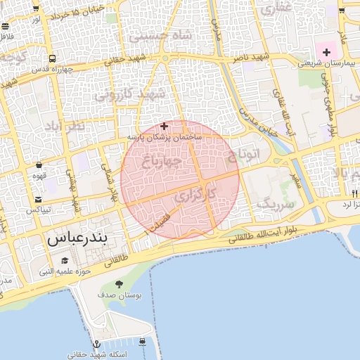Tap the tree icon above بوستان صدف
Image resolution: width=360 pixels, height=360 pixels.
(119, 284)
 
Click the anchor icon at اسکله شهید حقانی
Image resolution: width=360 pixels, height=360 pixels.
(74, 345)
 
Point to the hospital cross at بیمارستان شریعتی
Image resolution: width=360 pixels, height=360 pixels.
(327, 51)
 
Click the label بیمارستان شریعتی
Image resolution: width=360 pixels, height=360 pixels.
(327, 63)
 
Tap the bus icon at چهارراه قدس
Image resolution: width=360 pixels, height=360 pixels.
(53, 59)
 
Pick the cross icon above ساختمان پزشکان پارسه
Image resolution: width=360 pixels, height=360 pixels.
(165, 127)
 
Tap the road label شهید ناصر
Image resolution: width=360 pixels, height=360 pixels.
(254, 56)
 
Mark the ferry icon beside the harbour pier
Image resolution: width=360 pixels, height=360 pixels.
(143, 342)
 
